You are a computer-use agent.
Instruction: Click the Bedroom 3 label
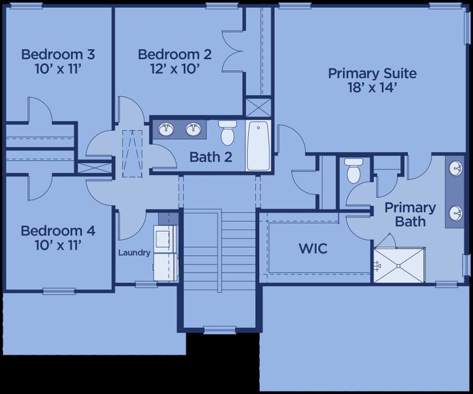(52, 54)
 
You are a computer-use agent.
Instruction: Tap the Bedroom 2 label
(175, 54)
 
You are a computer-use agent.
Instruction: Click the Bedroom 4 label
(58, 231)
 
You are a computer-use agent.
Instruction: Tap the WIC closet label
(313, 250)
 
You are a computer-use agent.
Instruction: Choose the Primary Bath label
(410, 215)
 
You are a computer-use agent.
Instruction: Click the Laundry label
(134, 252)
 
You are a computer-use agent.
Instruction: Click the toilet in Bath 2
(228, 132)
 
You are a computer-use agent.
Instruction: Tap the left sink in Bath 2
(167, 129)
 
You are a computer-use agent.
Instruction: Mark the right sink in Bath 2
(192, 129)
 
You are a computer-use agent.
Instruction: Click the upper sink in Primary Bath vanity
(456, 169)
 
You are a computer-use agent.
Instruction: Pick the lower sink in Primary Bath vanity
(456, 213)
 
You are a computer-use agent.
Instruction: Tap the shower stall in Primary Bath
(398, 265)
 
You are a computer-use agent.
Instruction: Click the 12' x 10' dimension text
(175, 68)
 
